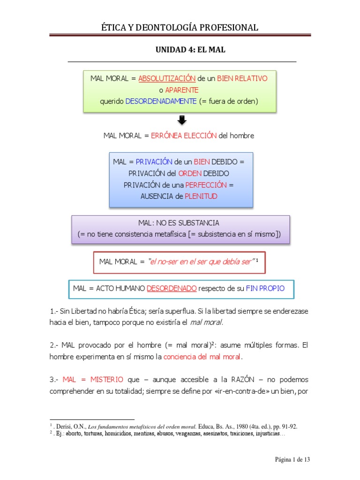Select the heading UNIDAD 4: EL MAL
point(190,50)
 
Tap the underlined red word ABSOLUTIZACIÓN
point(167,78)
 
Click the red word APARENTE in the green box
point(182,90)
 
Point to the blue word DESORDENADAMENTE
point(161,101)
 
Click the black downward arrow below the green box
point(182,120)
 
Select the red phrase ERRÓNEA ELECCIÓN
point(184,135)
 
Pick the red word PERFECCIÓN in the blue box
point(206,185)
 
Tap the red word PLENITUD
point(201,196)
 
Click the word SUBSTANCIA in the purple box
point(199,223)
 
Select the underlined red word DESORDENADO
point(172,288)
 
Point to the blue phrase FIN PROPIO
point(265,288)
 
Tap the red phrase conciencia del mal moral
point(202,357)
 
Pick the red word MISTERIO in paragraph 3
point(107,380)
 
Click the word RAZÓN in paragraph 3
point(243,380)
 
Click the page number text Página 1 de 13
point(292,459)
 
